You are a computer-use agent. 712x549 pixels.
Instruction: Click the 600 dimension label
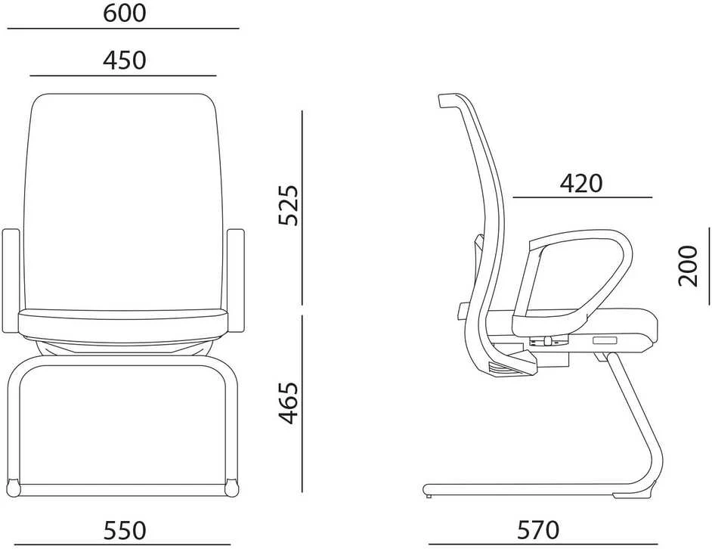click(125, 13)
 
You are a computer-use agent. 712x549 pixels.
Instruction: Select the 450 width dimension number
click(125, 60)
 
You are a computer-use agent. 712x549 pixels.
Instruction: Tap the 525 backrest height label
click(289, 205)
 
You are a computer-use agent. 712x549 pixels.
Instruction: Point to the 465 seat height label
click(289, 403)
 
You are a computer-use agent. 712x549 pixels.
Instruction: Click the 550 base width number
click(125, 530)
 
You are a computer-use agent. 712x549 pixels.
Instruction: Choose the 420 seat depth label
click(581, 184)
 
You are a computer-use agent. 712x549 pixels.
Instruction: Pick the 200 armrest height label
click(688, 266)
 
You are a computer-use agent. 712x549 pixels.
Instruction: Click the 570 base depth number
click(539, 530)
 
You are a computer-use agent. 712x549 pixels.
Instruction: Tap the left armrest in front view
click(11, 281)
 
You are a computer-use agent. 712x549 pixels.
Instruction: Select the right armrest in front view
click(236, 281)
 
